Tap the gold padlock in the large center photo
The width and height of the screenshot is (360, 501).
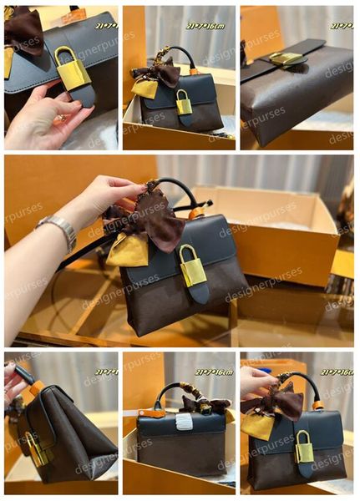point(192,266)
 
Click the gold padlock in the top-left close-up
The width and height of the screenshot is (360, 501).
point(72,69)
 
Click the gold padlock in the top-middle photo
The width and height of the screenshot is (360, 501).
point(184,103)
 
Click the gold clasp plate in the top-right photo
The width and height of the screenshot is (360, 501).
point(286,58)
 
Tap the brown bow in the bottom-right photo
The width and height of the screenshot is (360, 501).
point(280,403)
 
